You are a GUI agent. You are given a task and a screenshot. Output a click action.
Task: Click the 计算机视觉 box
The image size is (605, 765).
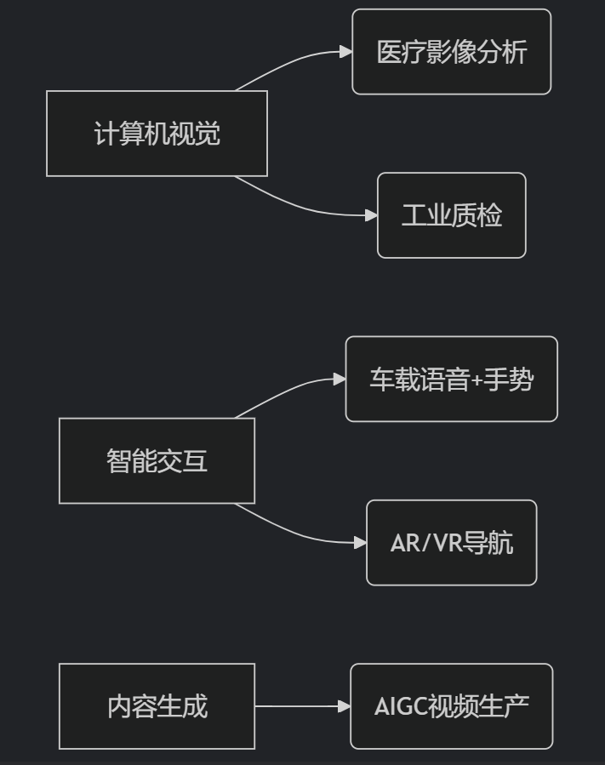point(157,134)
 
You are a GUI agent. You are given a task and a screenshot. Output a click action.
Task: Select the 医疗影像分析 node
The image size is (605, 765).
point(451,52)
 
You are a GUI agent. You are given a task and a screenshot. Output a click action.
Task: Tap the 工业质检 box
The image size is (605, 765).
point(451,215)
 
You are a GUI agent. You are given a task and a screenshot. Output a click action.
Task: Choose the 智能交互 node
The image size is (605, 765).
point(157,460)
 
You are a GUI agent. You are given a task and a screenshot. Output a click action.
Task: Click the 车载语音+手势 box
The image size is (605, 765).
point(451,380)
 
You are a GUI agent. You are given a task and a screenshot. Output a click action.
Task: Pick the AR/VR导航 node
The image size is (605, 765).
point(451,543)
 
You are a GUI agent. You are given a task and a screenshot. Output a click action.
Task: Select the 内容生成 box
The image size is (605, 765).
point(157,706)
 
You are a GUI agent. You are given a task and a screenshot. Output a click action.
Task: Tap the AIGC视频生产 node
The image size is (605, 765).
point(451,706)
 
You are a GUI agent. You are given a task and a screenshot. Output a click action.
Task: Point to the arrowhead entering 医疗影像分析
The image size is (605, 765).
point(345,52)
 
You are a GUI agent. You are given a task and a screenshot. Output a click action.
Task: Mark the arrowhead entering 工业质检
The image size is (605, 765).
point(371,215)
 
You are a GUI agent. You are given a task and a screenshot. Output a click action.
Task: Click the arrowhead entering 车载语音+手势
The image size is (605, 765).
point(339,380)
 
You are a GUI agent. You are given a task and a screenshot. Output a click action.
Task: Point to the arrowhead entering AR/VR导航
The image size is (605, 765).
point(360,543)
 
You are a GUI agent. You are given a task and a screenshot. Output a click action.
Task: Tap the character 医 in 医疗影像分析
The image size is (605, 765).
point(389,52)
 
